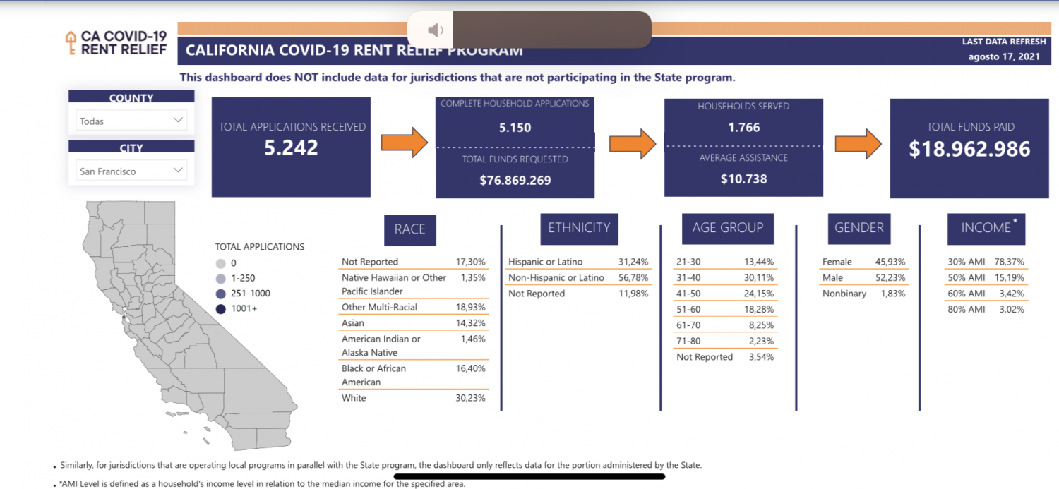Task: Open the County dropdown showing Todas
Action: (x=131, y=121)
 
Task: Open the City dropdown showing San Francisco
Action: (x=131, y=171)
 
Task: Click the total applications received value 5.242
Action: (x=292, y=147)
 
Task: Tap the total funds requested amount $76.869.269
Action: (x=515, y=180)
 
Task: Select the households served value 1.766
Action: (x=743, y=128)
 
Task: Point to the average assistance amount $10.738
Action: (x=743, y=179)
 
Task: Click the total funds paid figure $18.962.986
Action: (x=969, y=149)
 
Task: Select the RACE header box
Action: (x=409, y=229)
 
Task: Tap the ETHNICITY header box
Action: (x=579, y=228)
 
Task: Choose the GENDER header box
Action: (x=858, y=228)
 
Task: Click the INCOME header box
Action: (x=986, y=228)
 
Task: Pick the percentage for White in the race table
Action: (x=472, y=398)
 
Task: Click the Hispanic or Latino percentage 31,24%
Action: (x=633, y=262)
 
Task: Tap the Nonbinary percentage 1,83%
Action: (x=892, y=294)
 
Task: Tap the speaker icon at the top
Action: (x=436, y=30)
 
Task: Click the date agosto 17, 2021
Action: (x=1004, y=57)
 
